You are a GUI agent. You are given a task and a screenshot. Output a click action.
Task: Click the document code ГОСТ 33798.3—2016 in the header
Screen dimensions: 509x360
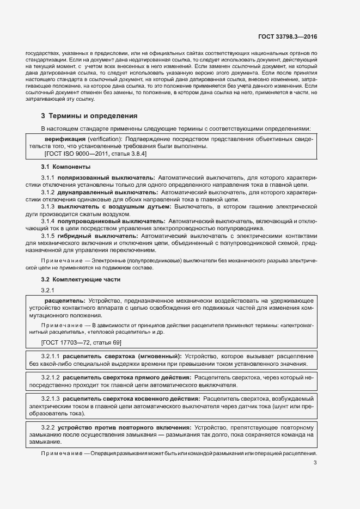287,36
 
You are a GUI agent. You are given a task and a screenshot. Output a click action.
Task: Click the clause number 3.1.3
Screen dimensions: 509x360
50,207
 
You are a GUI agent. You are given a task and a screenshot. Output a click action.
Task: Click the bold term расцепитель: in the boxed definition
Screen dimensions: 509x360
64,301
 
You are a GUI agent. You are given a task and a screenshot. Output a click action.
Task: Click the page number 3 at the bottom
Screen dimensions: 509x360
315,463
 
